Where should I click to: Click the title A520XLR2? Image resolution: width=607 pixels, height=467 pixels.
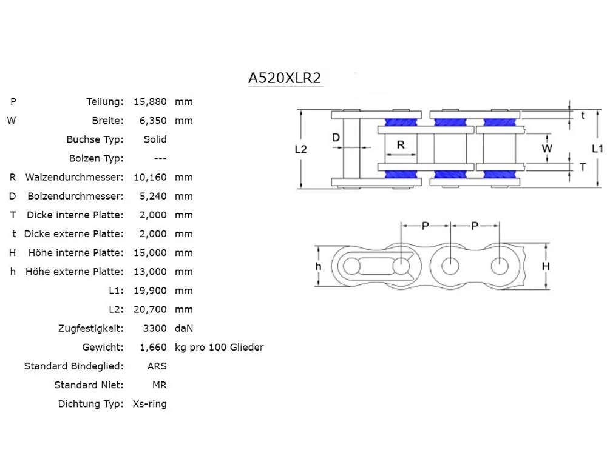pyautogui.click(x=285, y=78)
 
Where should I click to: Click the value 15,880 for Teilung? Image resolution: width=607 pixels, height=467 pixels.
pyautogui.click(x=153, y=101)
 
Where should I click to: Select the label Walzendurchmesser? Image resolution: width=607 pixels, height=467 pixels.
pyautogui.click(x=74, y=177)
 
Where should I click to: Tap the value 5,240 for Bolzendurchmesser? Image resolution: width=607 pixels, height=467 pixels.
pyautogui.click(x=153, y=196)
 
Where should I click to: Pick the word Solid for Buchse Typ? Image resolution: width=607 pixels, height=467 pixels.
pyautogui.click(x=155, y=139)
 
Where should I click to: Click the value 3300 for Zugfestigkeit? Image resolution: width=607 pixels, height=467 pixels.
pyautogui.click(x=155, y=328)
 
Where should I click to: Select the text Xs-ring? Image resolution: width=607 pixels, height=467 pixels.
pyautogui.click(x=149, y=403)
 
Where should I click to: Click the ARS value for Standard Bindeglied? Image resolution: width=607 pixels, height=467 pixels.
pyautogui.click(x=157, y=366)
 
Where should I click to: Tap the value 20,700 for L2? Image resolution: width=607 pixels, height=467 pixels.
pyautogui.click(x=153, y=309)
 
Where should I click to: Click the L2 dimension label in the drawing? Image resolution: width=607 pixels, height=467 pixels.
pyautogui.click(x=300, y=149)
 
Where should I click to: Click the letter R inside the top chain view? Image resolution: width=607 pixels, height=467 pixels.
pyautogui.click(x=401, y=145)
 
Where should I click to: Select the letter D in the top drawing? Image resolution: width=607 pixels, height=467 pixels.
pyautogui.click(x=336, y=138)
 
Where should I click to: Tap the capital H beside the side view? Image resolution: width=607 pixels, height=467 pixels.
pyautogui.click(x=545, y=266)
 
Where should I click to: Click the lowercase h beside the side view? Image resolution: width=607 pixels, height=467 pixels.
pyautogui.click(x=318, y=266)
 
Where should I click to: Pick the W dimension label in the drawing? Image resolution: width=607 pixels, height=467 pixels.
pyautogui.click(x=547, y=148)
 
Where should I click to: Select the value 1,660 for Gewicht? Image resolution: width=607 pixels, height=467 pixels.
pyautogui.click(x=153, y=347)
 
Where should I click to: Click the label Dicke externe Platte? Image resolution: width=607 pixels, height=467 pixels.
pyautogui.click(x=73, y=233)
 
